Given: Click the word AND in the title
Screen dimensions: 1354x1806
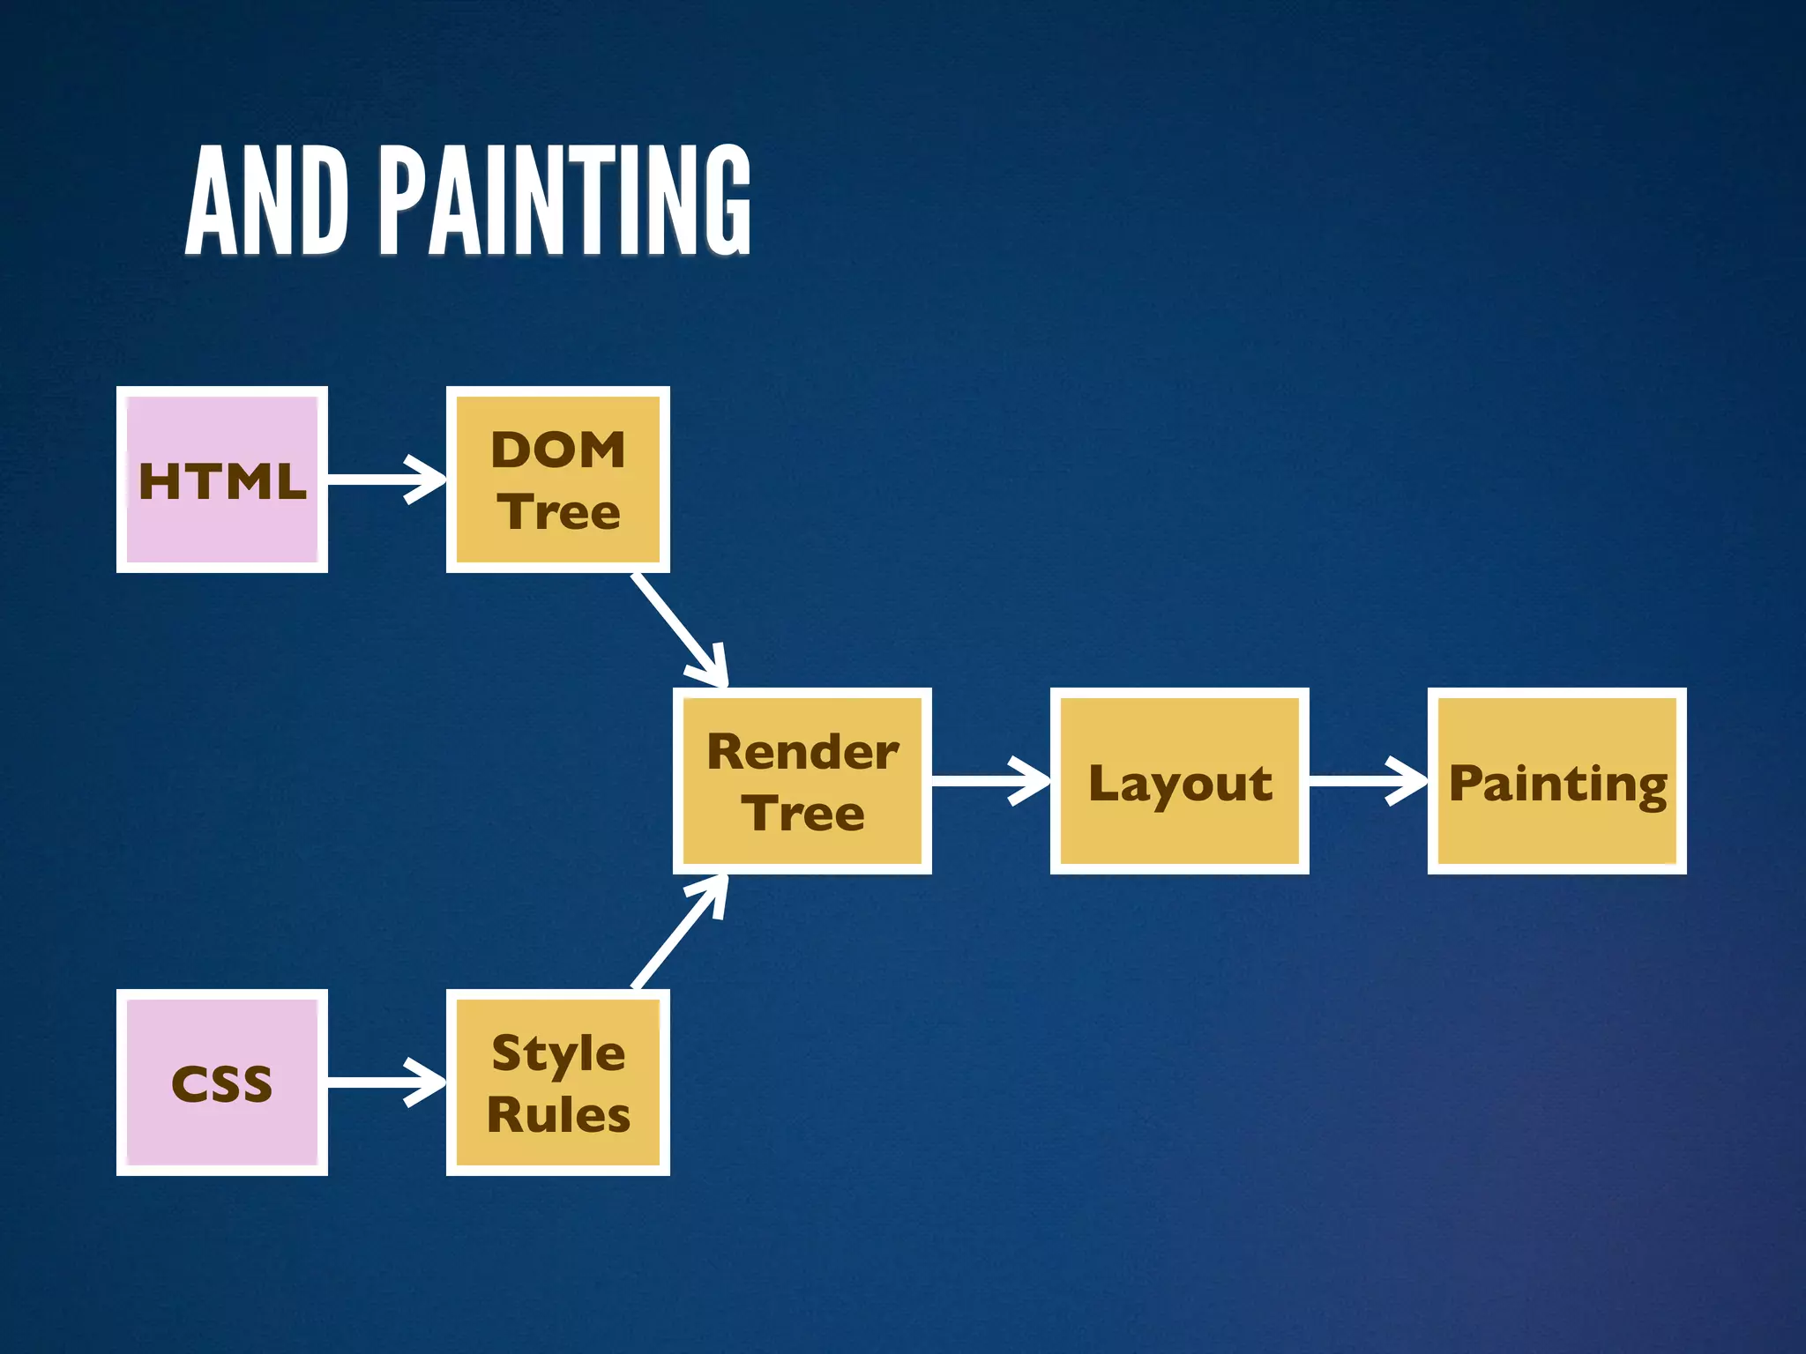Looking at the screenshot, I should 266,201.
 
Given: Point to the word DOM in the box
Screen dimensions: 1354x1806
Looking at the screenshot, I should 557,450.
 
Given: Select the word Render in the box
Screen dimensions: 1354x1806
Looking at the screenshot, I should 802,752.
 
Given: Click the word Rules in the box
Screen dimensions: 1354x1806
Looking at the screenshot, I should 558,1114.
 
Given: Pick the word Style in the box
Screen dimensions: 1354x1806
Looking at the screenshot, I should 558,1054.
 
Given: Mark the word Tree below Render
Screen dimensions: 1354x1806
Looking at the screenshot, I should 802,813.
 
